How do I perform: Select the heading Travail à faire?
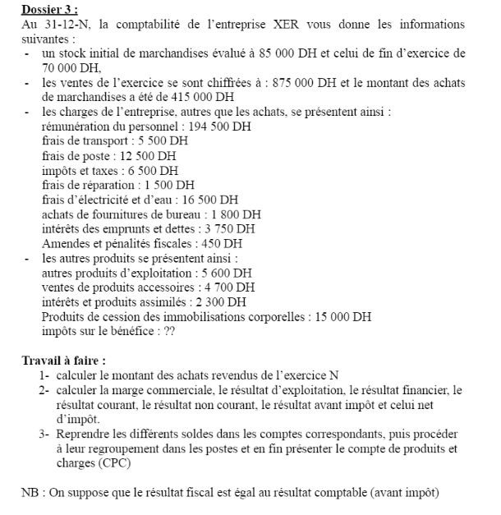63,361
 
